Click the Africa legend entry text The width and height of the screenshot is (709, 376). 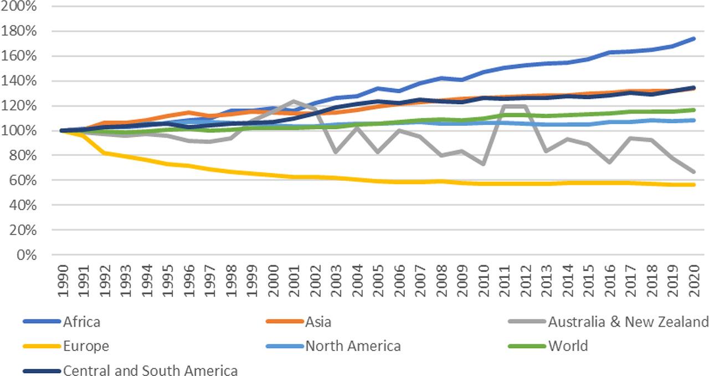81,322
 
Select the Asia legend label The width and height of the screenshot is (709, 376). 318,322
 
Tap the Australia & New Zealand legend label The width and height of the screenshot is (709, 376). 628,322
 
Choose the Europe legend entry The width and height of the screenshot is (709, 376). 86,347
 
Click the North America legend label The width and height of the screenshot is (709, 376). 353,347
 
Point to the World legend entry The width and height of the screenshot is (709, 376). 568,347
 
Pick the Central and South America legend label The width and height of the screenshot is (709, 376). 151,370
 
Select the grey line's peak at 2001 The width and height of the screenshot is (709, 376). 294,101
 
